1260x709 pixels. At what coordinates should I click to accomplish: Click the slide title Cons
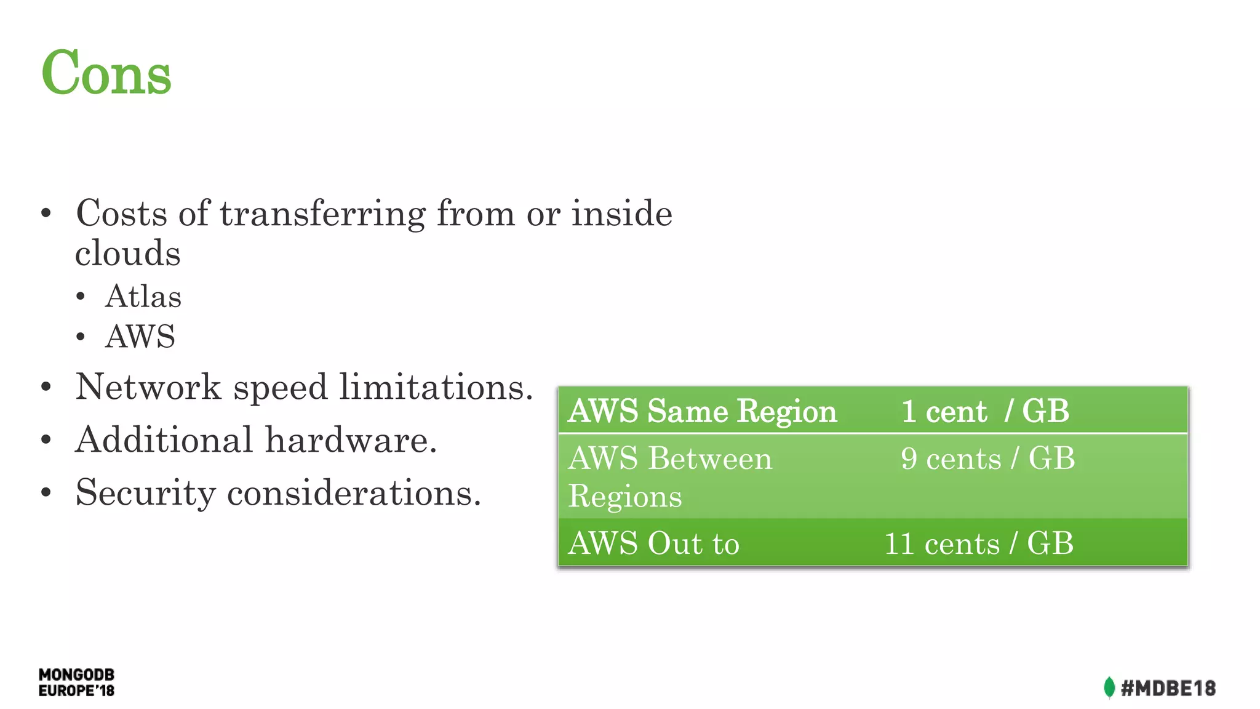coord(106,73)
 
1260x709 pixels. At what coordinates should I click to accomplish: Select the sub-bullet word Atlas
coord(143,297)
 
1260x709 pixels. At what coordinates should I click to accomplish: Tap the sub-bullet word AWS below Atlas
coord(140,337)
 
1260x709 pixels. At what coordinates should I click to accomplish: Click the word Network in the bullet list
coord(148,387)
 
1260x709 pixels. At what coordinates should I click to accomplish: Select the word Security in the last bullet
coord(145,493)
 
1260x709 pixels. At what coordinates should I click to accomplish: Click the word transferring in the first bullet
coord(322,214)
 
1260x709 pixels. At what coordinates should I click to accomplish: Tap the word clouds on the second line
coord(128,254)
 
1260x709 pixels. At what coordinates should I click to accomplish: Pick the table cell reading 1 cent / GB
coord(984,411)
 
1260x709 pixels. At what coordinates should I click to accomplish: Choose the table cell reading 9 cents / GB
coord(987,459)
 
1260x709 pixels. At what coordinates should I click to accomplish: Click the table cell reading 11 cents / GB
coord(978,543)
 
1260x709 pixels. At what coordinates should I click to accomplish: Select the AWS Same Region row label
coord(702,411)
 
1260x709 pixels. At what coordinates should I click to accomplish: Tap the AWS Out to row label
coord(653,543)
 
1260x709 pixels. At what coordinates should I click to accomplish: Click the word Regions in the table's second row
coord(625,496)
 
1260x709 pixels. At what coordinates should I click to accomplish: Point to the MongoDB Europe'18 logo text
coord(76,683)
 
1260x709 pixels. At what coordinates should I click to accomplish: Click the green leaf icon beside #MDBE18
coord(1109,687)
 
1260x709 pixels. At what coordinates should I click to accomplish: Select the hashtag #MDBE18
coord(1168,688)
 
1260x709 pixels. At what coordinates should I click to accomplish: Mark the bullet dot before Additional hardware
coord(46,440)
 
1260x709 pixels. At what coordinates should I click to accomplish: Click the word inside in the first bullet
coord(621,214)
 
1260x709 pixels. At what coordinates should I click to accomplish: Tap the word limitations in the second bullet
coord(436,387)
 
